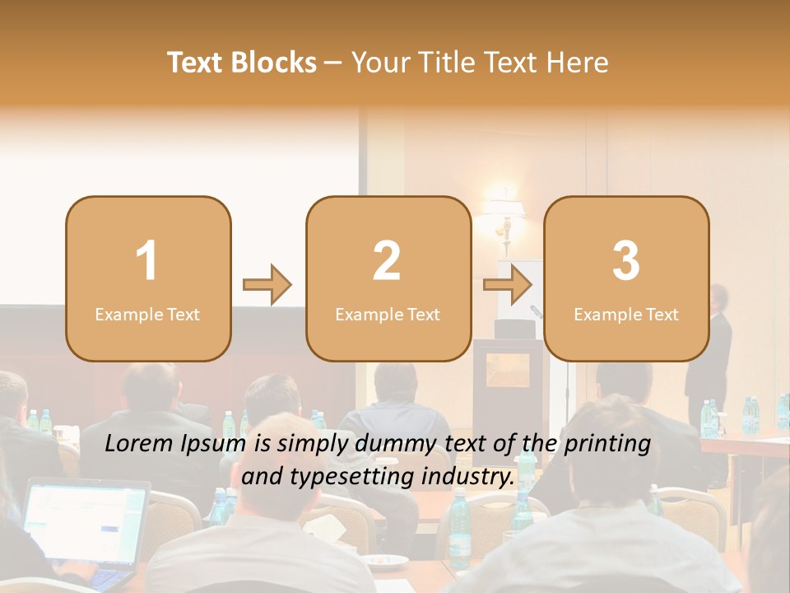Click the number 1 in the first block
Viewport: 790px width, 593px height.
[x=146, y=261]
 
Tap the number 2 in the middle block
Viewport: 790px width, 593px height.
[x=387, y=261]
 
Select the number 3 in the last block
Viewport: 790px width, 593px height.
[x=626, y=261]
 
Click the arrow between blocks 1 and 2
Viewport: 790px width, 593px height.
[x=267, y=285]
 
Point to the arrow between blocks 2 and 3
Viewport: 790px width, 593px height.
[x=508, y=285]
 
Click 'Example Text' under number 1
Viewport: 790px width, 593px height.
[x=147, y=315]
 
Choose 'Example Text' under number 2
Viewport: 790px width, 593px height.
[x=388, y=315]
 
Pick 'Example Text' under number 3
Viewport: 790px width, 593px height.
[x=626, y=315]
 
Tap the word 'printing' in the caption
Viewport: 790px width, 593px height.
[x=606, y=444]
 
